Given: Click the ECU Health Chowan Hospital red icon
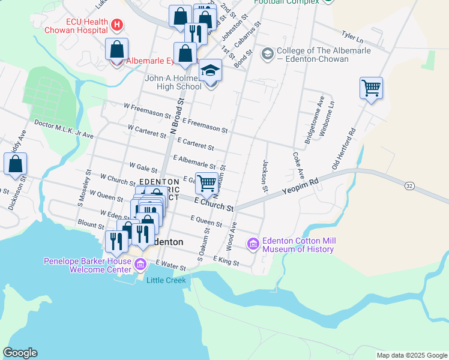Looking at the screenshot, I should pyautogui.click(x=117, y=25).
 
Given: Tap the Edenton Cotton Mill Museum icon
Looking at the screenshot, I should pyautogui.click(x=253, y=244).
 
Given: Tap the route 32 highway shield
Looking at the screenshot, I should pyautogui.click(x=409, y=187).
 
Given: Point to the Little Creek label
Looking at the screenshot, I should pyautogui.click(x=167, y=280).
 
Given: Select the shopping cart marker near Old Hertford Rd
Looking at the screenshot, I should pyautogui.click(x=372, y=88).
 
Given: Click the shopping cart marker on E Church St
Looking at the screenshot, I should pyautogui.click(x=206, y=182).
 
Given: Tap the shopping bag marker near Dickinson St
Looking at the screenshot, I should pyautogui.click(x=15, y=164).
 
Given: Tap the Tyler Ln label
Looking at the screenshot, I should pyautogui.click(x=352, y=37).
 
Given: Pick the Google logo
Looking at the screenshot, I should pyautogui.click(x=20, y=353).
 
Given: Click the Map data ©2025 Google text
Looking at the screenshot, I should pyautogui.click(x=411, y=355).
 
